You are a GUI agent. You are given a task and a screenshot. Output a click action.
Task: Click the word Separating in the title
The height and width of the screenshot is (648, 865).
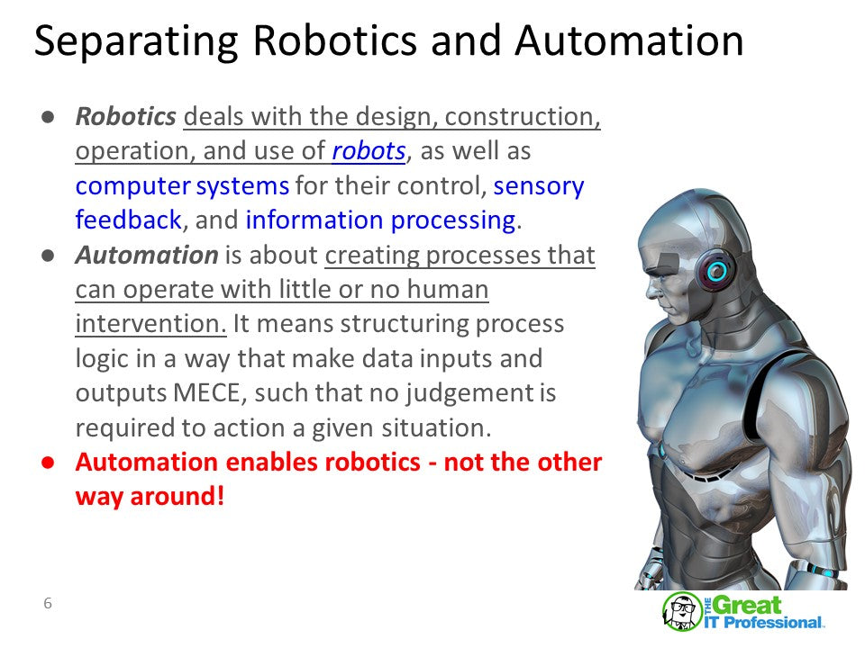(136, 42)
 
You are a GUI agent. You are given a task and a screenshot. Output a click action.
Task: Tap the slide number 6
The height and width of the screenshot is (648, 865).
(48, 603)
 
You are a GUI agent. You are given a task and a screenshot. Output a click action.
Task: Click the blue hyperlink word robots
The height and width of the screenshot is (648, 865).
(369, 151)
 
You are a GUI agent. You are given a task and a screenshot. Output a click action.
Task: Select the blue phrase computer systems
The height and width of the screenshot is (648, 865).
(182, 186)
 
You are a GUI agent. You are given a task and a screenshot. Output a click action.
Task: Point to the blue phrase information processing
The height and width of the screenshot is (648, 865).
(379, 220)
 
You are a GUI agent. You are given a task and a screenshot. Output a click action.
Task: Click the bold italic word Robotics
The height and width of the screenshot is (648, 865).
(125, 117)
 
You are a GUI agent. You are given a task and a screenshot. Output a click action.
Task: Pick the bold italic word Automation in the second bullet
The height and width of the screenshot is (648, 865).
(147, 256)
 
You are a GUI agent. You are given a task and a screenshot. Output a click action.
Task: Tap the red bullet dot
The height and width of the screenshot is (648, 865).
(47, 463)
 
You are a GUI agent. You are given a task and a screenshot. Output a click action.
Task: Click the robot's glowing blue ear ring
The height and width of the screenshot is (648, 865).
(717, 270)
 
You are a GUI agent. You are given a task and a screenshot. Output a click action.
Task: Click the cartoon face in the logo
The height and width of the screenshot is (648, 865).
(682, 611)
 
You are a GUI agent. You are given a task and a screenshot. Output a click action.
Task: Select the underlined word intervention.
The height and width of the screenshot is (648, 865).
(150, 324)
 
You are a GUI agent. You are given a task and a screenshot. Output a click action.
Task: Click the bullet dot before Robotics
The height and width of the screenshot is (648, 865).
(47, 117)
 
